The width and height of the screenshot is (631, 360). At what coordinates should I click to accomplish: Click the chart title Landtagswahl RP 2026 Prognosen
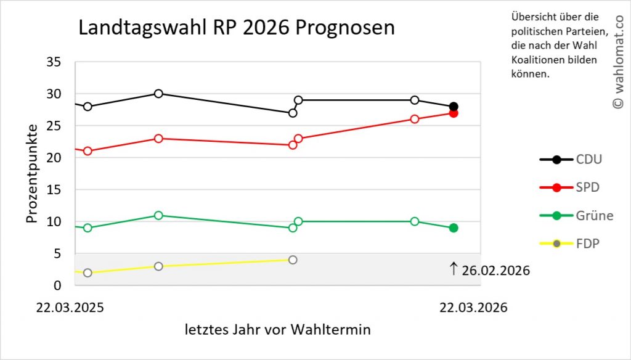click(x=236, y=28)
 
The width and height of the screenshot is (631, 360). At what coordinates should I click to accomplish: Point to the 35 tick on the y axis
click(x=54, y=62)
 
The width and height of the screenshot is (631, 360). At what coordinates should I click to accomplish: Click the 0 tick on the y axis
click(x=57, y=285)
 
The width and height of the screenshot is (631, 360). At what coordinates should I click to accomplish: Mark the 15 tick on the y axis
click(x=54, y=190)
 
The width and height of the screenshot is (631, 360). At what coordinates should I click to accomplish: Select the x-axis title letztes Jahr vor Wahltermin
click(x=278, y=330)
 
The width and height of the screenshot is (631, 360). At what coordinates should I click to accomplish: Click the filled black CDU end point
click(x=454, y=107)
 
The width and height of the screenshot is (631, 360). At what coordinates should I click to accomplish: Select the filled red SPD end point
click(x=454, y=113)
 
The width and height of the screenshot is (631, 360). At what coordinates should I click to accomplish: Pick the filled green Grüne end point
click(x=454, y=228)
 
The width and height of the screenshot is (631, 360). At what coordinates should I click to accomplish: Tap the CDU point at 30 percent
click(x=158, y=94)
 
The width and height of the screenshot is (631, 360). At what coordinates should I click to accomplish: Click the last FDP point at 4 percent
click(x=293, y=260)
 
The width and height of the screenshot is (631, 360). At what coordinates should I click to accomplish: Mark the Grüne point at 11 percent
click(x=158, y=215)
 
